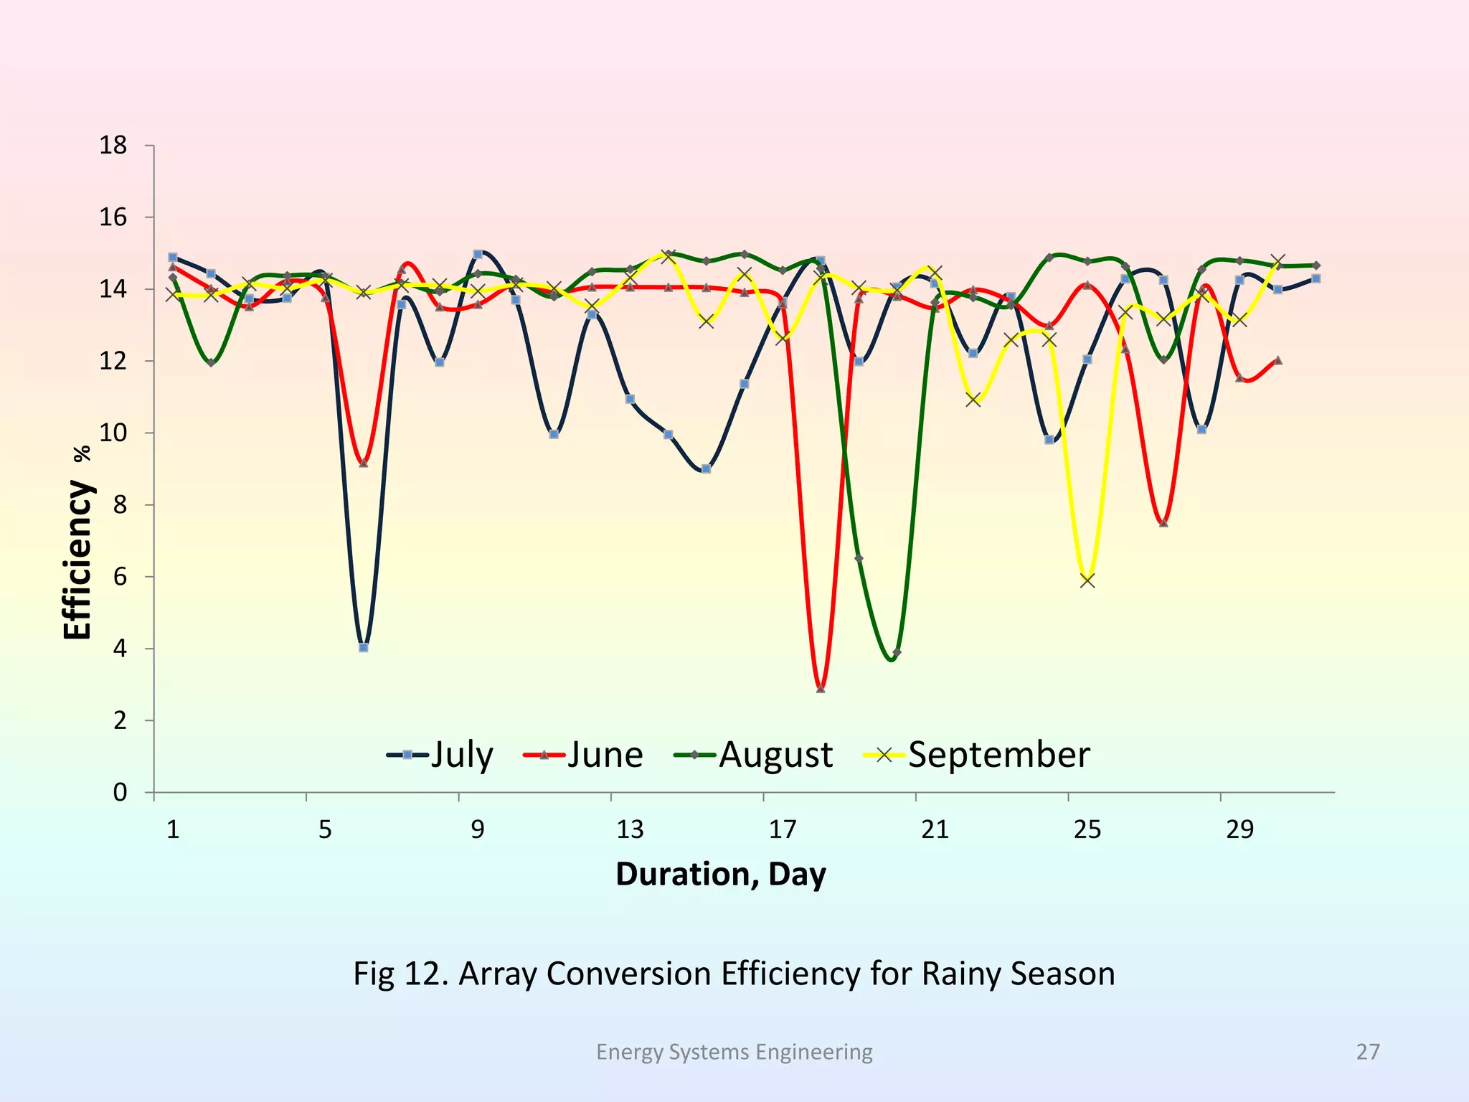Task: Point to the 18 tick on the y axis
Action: (113, 146)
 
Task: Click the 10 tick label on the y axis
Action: (113, 433)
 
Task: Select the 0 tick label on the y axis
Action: (120, 793)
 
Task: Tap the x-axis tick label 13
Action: (630, 830)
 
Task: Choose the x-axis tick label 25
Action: (1087, 830)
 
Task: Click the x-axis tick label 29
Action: (1239, 830)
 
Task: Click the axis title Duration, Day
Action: (721, 875)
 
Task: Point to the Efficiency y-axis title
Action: (77, 560)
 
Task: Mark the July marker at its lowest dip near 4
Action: (364, 647)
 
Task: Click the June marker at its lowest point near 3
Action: (821, 689)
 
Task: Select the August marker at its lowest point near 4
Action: (897, 653)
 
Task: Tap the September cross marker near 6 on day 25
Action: (1087, 580)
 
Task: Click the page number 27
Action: (1367, 1052)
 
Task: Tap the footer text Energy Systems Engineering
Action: (734, 1052)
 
